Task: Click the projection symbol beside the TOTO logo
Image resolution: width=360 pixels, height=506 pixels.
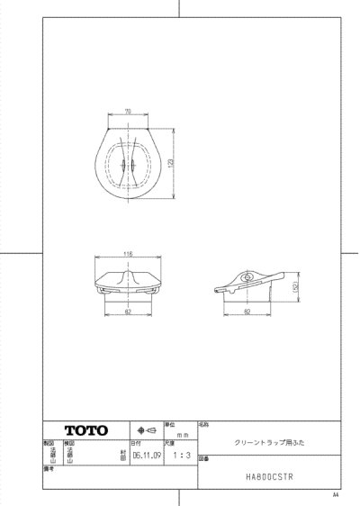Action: coord(144,430)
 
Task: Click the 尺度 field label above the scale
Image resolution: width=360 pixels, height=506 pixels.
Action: coord(168,444)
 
